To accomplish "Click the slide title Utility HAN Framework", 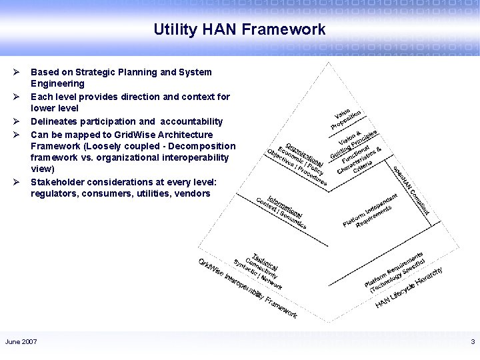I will (239, 29).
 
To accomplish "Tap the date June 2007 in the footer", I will (21, 342).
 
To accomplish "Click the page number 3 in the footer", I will (472, 342).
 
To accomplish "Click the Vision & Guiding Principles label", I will (357, 142).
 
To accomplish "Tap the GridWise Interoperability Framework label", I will (247, 287).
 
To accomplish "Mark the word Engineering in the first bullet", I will (57, 84).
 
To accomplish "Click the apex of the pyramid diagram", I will (327, 63).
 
